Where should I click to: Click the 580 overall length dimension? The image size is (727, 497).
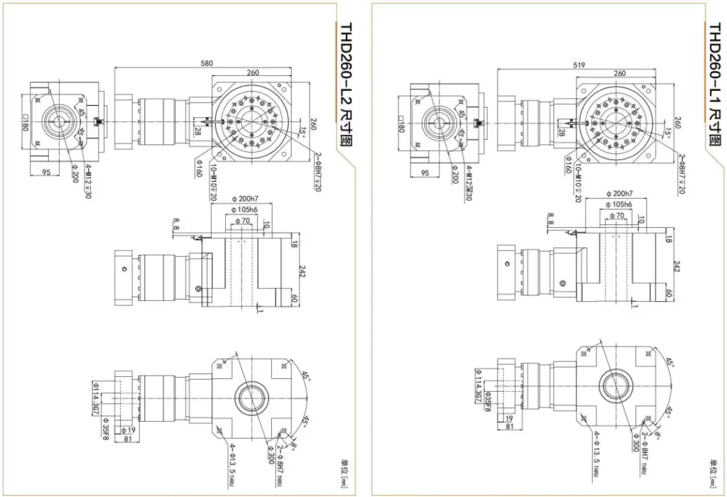click(207, 64)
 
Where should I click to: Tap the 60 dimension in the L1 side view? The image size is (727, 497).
click(669, 293)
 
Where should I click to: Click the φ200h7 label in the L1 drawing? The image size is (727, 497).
click(619, 194)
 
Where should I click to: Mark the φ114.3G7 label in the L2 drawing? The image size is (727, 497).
click(95, 400)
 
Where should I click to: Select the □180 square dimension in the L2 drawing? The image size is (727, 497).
click(24, 124)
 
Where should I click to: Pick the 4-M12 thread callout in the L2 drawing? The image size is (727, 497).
click(89, 180)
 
